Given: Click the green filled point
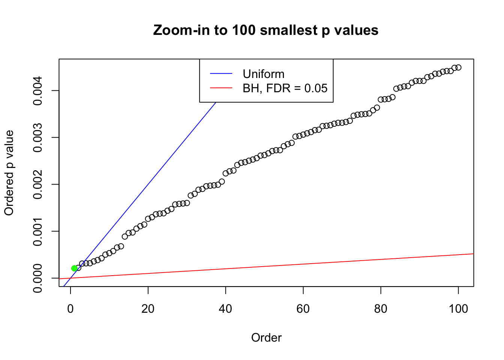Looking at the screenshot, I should (74, 268).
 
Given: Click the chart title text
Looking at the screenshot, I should (266, 30).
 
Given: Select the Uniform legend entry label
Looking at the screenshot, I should (263, 74).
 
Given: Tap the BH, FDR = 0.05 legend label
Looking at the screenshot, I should (285, 88).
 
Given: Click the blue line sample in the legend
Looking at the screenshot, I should (221, 74).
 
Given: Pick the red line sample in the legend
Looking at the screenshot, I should (221, 88).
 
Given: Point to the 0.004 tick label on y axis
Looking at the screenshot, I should (38, 91).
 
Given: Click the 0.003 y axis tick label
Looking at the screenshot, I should (38, 138).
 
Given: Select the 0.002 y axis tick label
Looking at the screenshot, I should (38, 184).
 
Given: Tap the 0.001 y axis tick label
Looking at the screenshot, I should (38, 231).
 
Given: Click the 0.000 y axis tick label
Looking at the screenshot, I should (38, 278).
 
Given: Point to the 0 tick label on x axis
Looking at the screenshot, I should (70, 309).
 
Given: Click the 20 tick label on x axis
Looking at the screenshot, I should (148, 309).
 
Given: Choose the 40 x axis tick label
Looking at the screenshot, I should (226, 309).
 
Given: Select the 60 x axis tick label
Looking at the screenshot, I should (303, 309).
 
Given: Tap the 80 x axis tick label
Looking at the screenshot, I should (381, 309).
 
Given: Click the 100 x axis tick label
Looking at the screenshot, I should (458, 309).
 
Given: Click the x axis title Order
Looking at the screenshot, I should (266, 338).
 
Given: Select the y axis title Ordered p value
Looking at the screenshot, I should (9, 173).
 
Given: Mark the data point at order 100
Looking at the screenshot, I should (458, 67).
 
